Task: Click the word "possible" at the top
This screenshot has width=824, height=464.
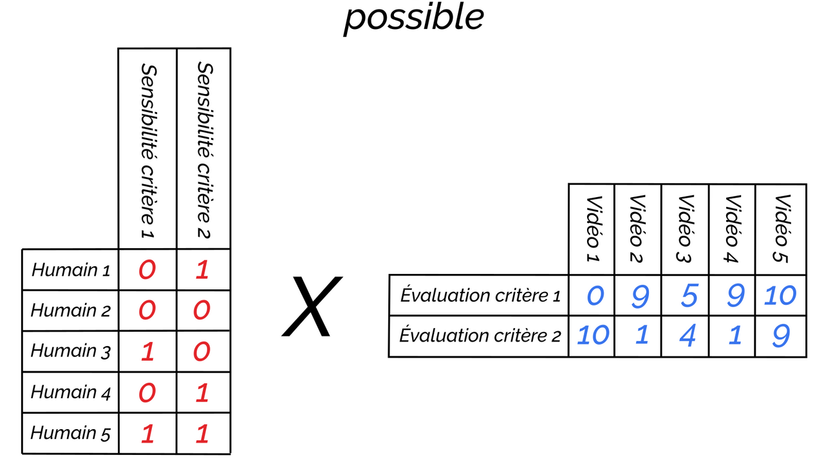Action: click(413, 17)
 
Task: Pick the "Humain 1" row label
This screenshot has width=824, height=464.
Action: click(71, 269)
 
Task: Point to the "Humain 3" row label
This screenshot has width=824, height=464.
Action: click(71, 351)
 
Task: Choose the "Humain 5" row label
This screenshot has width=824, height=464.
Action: click(71, 432)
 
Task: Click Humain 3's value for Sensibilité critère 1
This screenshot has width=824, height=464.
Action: click(147, 352)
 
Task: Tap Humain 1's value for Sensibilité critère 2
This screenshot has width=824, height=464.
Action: click(202, 269)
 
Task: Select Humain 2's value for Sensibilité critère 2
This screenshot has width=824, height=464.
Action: click(202, 311)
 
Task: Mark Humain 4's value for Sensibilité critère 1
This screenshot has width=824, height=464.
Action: click(147, 392)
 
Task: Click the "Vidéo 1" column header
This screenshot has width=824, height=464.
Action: click(592, 229)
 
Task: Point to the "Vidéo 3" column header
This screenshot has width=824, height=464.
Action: click(685, 229)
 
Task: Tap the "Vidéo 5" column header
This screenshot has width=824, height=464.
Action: click(780, 229)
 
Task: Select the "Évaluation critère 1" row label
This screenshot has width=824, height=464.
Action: click(480, 295)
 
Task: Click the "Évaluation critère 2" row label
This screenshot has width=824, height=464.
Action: click(480, 336)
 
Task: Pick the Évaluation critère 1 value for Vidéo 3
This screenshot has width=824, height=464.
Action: click(688, 296)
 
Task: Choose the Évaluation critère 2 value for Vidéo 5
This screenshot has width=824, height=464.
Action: click(781, 336)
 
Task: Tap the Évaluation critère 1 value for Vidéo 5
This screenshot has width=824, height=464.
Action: click(780, 296)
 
